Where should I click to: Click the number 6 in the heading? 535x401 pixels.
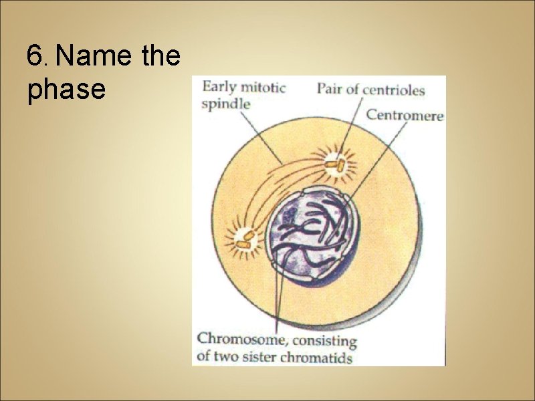(34, 56)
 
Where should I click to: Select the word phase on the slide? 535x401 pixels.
(66, 90)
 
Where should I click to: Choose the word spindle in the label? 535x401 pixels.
(227, 104)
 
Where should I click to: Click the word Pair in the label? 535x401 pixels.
(328, 88)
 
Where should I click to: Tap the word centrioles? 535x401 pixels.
(395, 88)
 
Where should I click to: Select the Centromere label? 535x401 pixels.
(405, 115)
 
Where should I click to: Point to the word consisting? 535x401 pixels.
(326, 340)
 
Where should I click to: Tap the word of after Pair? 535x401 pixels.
(353, 88)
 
